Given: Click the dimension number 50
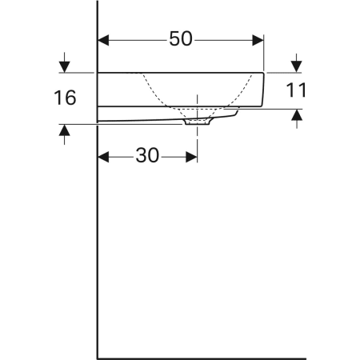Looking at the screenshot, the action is click(x=181, y=39).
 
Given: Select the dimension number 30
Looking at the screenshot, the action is click(x=147, y=155).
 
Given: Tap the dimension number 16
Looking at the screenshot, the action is click(x=65, y=98).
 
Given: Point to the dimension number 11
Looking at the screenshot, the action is click(x=296, y=90).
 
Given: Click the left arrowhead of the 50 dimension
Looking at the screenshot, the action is click(x=103, y=40).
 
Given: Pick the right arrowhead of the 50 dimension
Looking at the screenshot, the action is click(x=258, y=40).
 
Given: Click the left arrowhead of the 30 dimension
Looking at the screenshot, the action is click(x=103, y=157).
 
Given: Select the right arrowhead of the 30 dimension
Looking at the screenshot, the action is click(x=191, y=157).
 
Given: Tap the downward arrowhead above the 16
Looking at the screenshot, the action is click(x=65, y=66).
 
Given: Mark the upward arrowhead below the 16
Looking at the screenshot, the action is click(x=65, y=130).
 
